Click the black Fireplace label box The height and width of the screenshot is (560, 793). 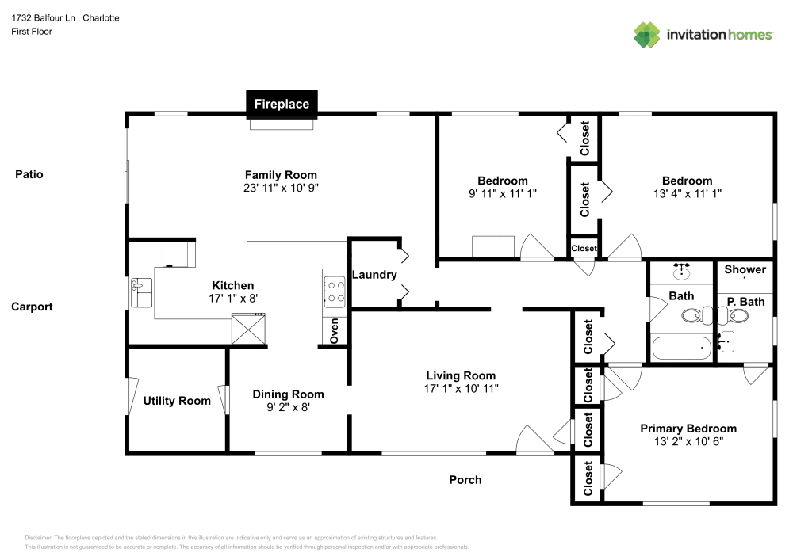point(282,104)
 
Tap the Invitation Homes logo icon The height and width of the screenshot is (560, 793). point(646,34)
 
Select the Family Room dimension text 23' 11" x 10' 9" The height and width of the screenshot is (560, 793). point(281,189)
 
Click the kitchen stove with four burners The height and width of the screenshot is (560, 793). point(334,290)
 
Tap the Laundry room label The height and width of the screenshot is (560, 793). point(374,275)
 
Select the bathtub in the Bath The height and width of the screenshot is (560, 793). point(681,348)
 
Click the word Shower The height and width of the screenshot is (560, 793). point(745,269)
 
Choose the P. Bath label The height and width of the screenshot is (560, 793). point(745,302)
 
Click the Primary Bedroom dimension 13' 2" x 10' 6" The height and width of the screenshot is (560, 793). point(688,441)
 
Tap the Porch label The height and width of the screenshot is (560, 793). point(465,479)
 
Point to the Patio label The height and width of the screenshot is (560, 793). point(29,174)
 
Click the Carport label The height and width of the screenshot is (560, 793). point(32,307)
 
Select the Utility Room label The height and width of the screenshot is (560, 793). point(177,401)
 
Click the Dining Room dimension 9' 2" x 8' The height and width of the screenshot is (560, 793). point(288,407)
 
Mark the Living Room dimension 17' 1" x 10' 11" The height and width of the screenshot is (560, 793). point(461,388)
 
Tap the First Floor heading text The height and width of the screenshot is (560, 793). point(32,32)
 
